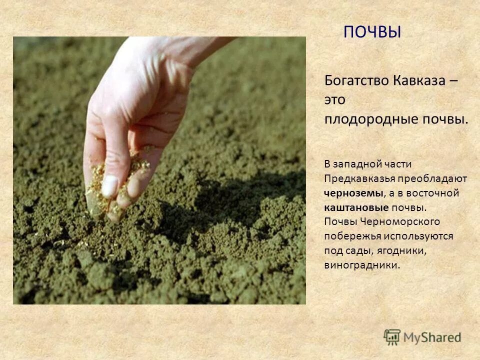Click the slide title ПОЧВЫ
pos(372,32)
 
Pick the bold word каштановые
pos(356,207)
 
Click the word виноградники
pos(362,265)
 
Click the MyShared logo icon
pos(392,337)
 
